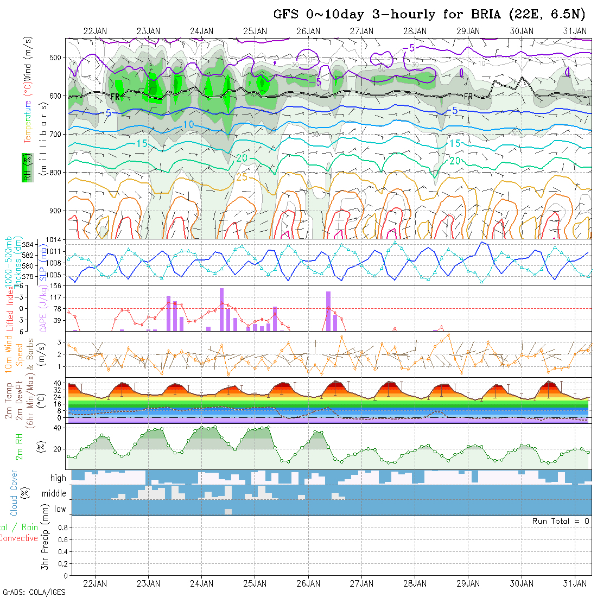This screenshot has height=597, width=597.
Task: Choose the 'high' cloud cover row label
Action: (x=58, y=478)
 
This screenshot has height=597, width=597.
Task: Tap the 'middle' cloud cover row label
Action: (x=54, y=494)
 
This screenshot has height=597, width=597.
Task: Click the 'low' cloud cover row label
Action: (x=60, y=509)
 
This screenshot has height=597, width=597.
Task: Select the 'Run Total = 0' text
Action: (x=561, y=521)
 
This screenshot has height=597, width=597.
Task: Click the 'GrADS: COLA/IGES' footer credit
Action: (x=34, y=592)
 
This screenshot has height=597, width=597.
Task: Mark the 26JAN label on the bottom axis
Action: (x=308, y=583)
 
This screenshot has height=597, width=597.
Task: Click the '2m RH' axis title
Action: (x=20, y=449)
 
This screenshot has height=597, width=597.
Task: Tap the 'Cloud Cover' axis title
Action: (x=14, y=493)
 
